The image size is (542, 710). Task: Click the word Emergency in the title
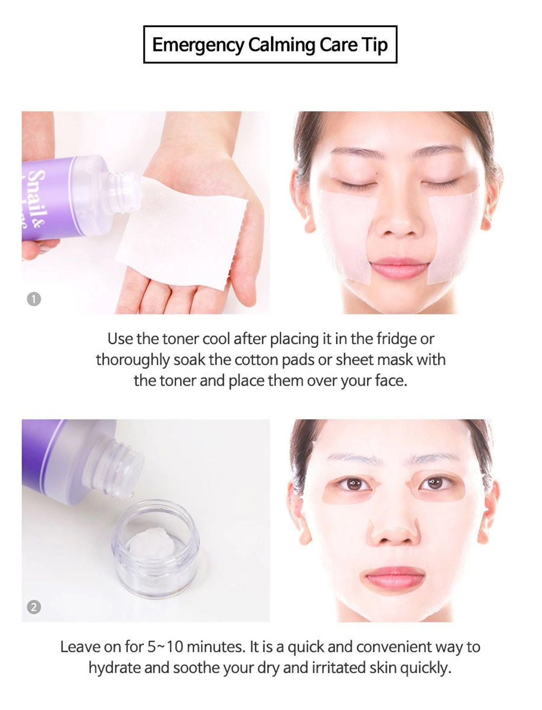tap(198, 45)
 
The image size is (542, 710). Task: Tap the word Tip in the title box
tap(375, 45)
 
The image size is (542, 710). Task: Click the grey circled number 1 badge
tap(34, 299)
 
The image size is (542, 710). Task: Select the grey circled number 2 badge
tap(34, 607)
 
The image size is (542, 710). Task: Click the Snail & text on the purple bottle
tap(37, 198)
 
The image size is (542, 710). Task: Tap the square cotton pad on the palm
tap(182, 233)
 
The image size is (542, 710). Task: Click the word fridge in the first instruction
tap(396, 339)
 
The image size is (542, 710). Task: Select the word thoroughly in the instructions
tap(133, 360)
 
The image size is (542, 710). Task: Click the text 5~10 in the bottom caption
tap(165, 647)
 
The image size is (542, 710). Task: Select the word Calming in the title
tap(282, 45)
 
